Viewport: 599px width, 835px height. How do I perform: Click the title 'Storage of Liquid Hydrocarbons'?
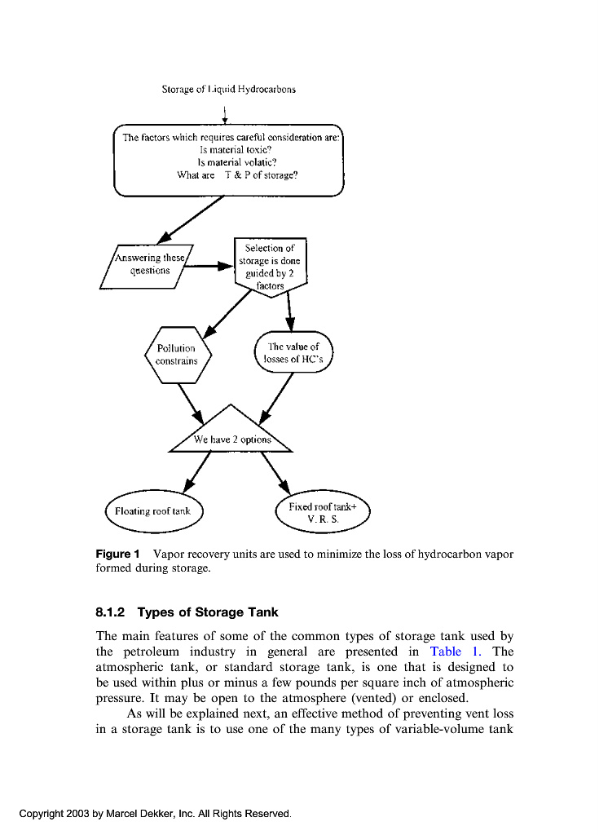(x=228, y=90)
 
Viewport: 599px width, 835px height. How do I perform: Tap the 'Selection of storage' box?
(x=270, y=266)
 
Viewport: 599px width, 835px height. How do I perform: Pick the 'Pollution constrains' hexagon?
(x=177, y=355)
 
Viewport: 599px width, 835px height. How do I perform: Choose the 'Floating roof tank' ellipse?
(x=153, y=511)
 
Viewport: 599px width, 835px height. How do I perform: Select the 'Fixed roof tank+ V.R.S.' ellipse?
(x=323, y=511)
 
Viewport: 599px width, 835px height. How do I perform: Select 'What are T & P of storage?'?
(x=237, y=175)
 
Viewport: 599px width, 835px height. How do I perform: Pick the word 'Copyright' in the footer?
(x=42, y=814)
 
